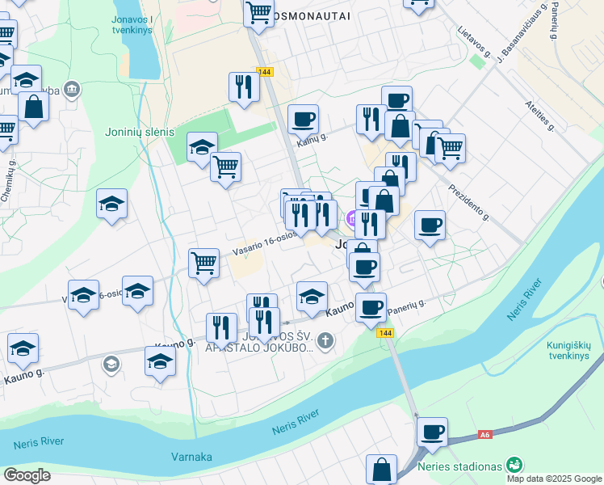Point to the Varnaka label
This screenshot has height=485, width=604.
click(x=191, y=457)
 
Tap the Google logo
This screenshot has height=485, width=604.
click(x=27, y=475)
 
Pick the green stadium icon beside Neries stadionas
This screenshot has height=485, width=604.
click(x=514, y=465)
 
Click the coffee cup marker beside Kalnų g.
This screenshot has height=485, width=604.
click(x=303, y=120)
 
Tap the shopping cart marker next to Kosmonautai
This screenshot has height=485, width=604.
click(x=258, y=12)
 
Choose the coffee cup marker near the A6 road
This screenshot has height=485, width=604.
click(x=433, y=432)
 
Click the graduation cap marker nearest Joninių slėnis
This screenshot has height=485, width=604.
click(x=202, y=148)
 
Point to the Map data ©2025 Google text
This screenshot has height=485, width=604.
click(x=554, y=479)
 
